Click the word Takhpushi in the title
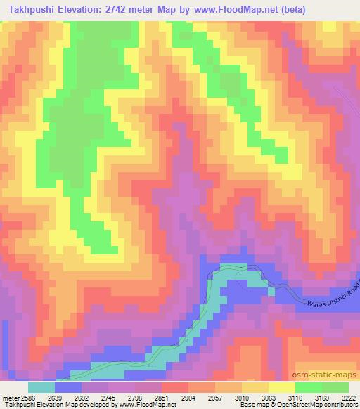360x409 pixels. [x=30, y=8]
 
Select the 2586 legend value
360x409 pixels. [x=29, y=398]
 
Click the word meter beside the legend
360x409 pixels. [x=10, y=398]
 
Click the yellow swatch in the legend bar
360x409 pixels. [x=281, y=387]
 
